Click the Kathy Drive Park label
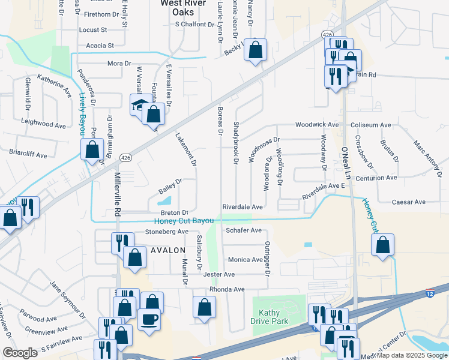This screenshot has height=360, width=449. pyautogui.click(x=274, y=317)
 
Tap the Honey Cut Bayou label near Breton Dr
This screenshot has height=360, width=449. pyautogui.click(x=179, y=221)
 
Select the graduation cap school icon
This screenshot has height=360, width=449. pyautogui.click(x=140, y=104)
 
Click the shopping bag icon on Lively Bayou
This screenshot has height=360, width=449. pyautogui.click(x=92, y=150)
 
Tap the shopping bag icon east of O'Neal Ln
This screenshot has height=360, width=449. pyautogui.click(x=382, y=245)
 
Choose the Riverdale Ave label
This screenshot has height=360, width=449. pyautogui.click(x=243, y=206)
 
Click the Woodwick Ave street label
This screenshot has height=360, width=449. pyautogui.click(x=316, y=125)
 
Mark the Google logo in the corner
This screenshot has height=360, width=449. pyautogui.click(x=19, y=353)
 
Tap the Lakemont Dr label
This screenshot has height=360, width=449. pyautogui.click(x=185, y=149)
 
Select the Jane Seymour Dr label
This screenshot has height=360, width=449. pyautogui.click(x=68, y=295)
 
